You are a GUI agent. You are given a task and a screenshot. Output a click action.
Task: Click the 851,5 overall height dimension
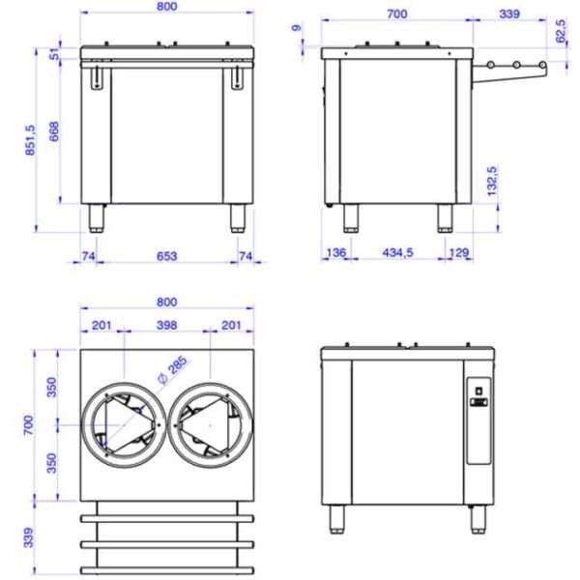[x=30, y=140]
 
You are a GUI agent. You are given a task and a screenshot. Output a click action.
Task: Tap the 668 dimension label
[x=54, y=130]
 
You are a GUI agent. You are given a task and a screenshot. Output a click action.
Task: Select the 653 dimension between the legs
[x=167, y=256]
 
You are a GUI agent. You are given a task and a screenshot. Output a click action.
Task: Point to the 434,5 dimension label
[x=397, y=252]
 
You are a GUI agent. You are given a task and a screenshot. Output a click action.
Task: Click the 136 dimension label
[x=336, y=252]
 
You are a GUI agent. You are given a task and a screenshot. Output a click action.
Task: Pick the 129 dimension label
[x=459, y=252]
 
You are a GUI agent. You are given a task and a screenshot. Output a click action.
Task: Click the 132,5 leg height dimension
[x=492, y=181]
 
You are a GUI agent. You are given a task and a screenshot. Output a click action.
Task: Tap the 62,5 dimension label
[x=561, y=31]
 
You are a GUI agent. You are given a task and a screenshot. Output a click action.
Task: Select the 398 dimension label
[x=167, y=325]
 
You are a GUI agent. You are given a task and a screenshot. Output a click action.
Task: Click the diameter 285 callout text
[x=173, y=369]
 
